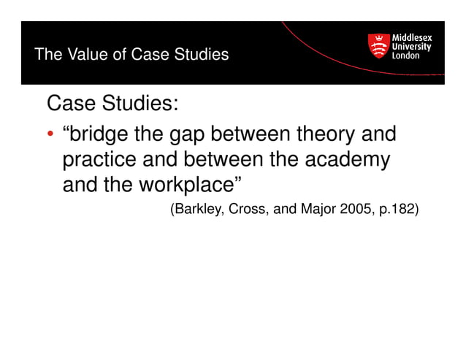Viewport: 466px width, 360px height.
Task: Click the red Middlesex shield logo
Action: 378,47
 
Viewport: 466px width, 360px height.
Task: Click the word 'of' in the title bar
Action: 110,55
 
